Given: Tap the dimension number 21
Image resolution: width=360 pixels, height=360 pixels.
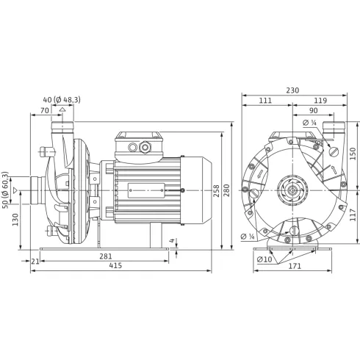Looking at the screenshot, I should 35,260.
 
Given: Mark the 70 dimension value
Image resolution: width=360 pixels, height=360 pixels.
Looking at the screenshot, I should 46,110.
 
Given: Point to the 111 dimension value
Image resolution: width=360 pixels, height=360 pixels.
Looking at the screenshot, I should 266,101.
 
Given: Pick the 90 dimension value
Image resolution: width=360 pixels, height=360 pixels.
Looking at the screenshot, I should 314,111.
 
